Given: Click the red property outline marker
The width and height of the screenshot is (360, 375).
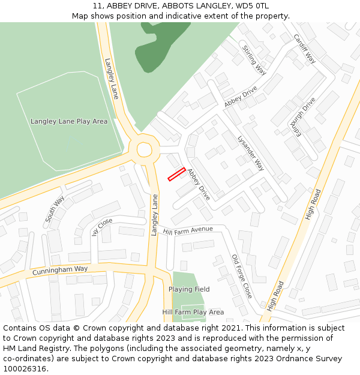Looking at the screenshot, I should tap(176, 174).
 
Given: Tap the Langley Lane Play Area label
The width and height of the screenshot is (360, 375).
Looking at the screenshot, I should tap(69, 121).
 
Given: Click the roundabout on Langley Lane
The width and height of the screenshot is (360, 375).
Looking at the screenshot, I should tap(144, 149).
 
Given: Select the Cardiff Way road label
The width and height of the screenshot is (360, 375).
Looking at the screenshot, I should tap(304, 49).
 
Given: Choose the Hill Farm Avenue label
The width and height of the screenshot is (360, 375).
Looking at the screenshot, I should tap(188, 229).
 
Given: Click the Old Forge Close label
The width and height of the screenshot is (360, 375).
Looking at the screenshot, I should tap(242, 277).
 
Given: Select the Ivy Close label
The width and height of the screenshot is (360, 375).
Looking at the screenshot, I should tap(103, 228).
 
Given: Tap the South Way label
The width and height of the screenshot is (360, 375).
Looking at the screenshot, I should tap(55, 209).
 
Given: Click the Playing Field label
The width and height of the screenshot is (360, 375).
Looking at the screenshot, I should tap(189, 289).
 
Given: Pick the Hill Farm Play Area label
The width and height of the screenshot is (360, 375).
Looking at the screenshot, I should tap(193, 312).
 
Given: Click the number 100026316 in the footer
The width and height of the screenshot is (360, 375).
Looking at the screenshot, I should tap(25, 368).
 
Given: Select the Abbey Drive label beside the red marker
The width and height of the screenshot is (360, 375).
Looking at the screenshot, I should tap(199, 184).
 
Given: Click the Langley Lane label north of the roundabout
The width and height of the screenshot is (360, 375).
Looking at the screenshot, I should tap(112, 78).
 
